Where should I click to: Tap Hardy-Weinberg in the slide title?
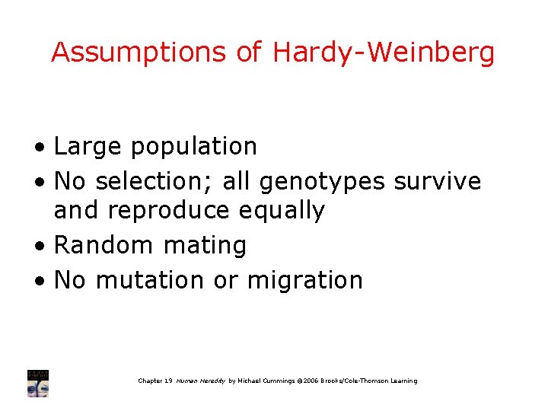pyautogui.click(x=384, y=53)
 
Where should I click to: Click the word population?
pyautogui.click(x=194, y=145)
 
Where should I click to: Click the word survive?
pyautogui.click(x=438, y=181)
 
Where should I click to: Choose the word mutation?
pyautogui.click(x=148, y=279)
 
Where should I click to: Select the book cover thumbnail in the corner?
pyautogui.click(x=38, y=383)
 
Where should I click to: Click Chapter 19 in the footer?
pyautogui.click(x=155, y=381)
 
